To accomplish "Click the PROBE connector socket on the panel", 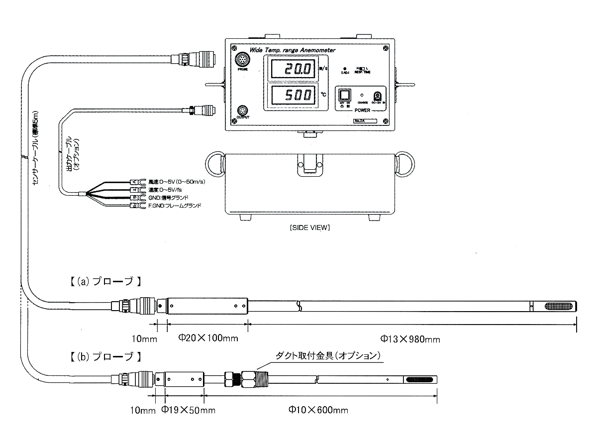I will point(242,60).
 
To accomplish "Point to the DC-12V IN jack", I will point(378,96).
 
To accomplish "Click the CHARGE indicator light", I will point(362,94).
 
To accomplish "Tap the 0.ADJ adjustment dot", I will point(345,68).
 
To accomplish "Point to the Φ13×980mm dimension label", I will point(410,339).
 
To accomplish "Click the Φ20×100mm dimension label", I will point(208,338).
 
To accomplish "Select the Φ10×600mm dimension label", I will point(318,410).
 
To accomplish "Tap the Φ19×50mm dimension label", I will point(189,410).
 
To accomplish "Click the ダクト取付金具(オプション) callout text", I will point(329,356).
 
